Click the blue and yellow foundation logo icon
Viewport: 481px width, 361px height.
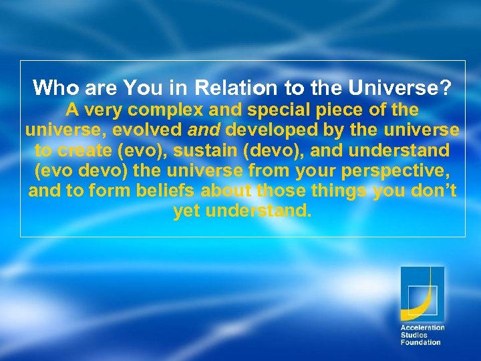coord(422,293)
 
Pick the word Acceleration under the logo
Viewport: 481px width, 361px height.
coord(422,328)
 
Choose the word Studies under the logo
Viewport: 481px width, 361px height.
coord(414,335)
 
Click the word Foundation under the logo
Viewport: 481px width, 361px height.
coord(420,342)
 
